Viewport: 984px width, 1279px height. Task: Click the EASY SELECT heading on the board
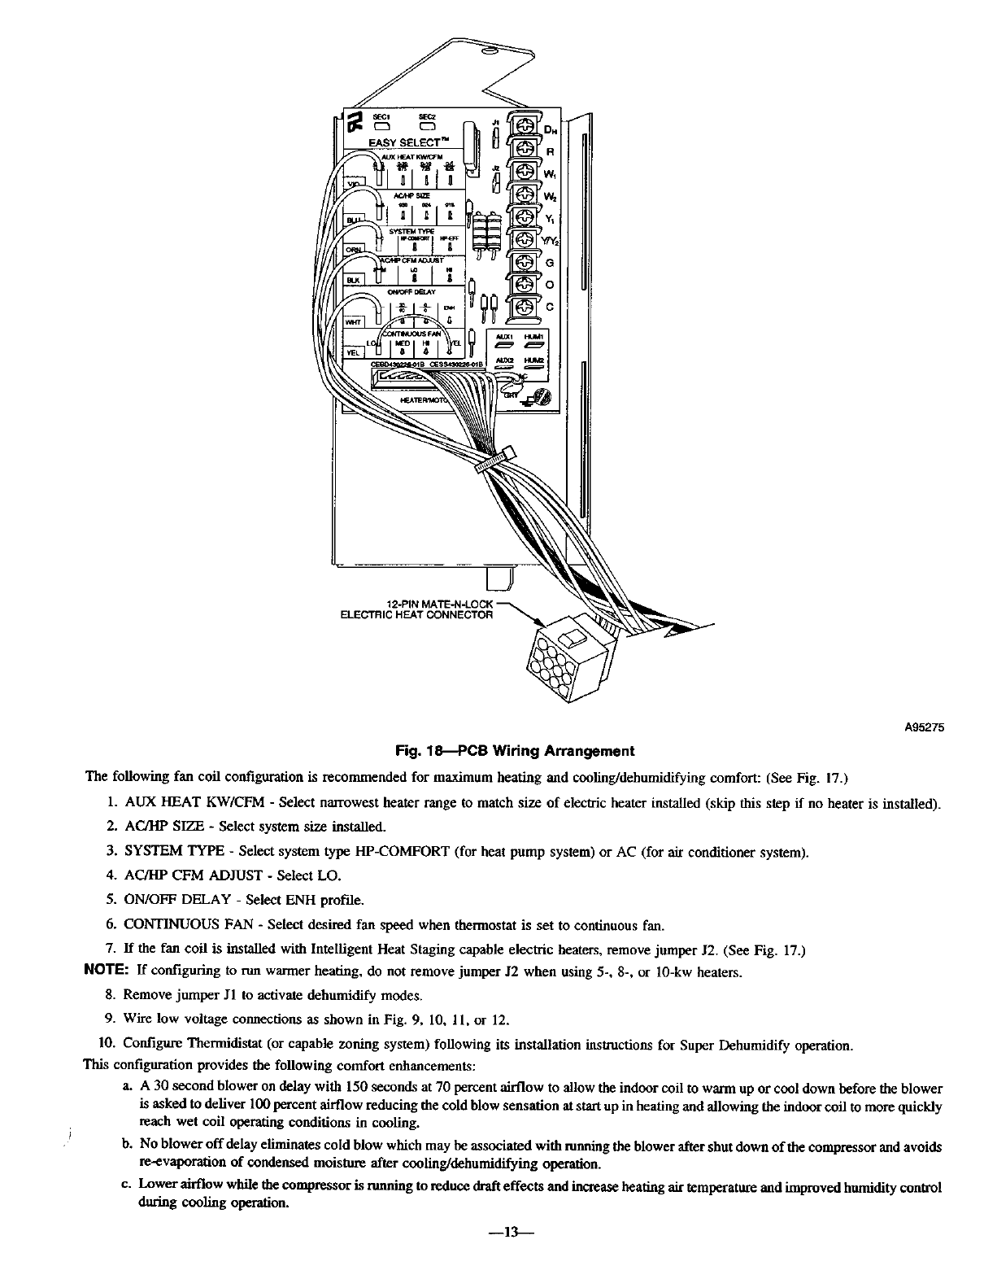pos(407,143)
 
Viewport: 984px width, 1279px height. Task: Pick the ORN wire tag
pos(355,250)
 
